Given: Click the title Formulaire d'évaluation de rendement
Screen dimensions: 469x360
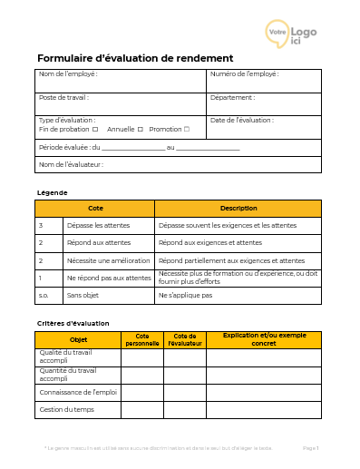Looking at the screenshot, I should pyautogui.click(x=135, y=57).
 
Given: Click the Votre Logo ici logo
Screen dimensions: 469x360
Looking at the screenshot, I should pyautogui.click(x=291, y=34).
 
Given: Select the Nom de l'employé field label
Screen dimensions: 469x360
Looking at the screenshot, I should pyautogui.click(x=68, y=73).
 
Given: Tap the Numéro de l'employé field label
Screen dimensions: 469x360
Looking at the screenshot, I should pyautogui.click(x=244, y=73).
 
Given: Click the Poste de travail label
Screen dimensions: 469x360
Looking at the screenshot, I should pyautogui.click(x=63, y=97).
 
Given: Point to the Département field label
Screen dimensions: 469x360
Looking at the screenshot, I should pyautogui.click(x=232, y=97).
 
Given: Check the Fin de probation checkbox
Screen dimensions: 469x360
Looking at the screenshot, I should pyautogui.click(x=95, y=129).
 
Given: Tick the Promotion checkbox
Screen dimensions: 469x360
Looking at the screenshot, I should pyautogui.click(x=187, y=129).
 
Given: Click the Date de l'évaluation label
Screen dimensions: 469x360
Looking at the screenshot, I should pyautogui.click(x=241, y=120).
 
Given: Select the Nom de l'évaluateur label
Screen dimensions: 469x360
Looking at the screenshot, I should pyautogui.click(x=71, y=164).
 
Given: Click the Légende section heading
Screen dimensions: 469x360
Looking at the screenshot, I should pyautogui.click(x=52, y=192).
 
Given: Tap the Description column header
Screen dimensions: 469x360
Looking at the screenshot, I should pyautogui.click(x=238, y=208).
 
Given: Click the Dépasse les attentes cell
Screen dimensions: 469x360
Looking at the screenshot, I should pyautogui.click(x=99, y=225).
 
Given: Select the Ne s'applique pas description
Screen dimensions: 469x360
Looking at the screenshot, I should pyautogui.click(x=185, y=295).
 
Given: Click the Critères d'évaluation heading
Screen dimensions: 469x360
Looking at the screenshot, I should pyautogui.click(x=73, y=323).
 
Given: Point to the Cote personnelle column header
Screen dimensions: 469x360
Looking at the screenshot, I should pyautogui.click(x=141, y=339).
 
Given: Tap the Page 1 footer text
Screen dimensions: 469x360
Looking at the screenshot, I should pyautogui.click(x=310, y=448).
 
